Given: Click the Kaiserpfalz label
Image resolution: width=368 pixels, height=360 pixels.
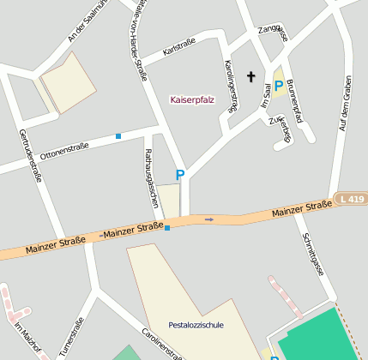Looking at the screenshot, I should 193,99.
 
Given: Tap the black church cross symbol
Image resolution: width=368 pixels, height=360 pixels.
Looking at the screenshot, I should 251,77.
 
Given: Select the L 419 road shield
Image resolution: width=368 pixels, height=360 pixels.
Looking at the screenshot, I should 351,199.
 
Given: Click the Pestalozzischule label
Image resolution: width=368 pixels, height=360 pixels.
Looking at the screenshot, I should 196,325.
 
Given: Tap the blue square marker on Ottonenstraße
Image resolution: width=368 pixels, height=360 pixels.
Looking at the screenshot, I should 118,135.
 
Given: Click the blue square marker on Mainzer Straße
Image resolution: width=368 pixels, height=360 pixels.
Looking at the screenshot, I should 167,228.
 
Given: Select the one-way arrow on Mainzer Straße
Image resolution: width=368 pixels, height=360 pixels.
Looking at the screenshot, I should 208,219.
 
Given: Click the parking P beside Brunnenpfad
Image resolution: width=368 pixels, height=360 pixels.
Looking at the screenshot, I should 278,85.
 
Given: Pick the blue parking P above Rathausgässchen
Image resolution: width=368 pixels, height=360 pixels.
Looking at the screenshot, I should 180,175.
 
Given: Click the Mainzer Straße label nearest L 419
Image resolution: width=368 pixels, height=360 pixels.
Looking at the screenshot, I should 301,207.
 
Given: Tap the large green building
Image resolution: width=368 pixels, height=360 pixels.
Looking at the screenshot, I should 322,337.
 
